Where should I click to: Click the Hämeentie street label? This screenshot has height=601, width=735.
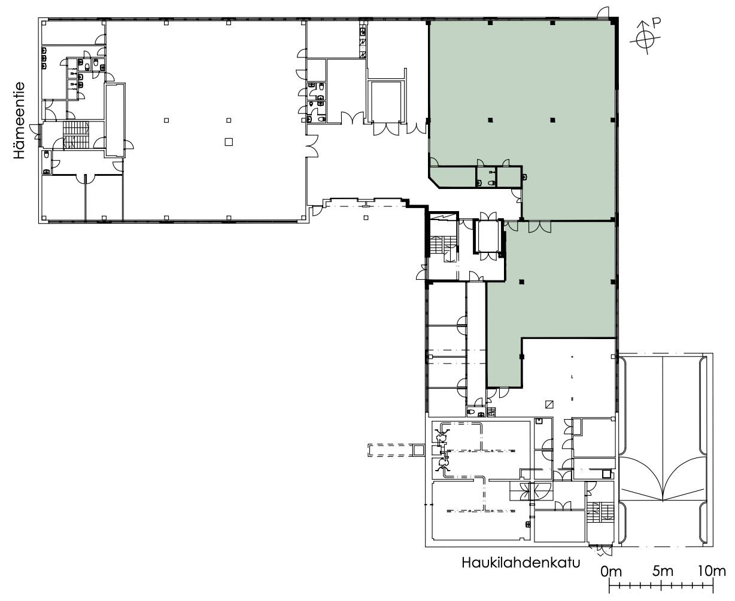(x=20, y=120)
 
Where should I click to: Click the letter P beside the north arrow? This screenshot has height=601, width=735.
(x=656, y=23)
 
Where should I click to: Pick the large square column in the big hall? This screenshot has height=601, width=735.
(x=229, y=142)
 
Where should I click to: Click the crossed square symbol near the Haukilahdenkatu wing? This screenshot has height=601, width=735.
(x=549, y=404)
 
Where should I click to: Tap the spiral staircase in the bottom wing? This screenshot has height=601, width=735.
(x=531, y=492)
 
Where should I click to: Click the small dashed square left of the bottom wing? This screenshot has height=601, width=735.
(x=418, y=450)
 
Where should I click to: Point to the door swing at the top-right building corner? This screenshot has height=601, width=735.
(x=603, y=13)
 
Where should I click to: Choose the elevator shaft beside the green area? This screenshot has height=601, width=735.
(x=488, y=236)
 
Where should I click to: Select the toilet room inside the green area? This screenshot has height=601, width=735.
(x=486, y=177)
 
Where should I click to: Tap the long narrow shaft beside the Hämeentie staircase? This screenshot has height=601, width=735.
(x=116, y=120)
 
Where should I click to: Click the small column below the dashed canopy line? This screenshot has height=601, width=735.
(x=366, y=218)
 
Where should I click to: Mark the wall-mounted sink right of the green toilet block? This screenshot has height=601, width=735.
(x=524, y=177)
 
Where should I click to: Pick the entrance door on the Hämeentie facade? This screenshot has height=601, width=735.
(x=36, y=132)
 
